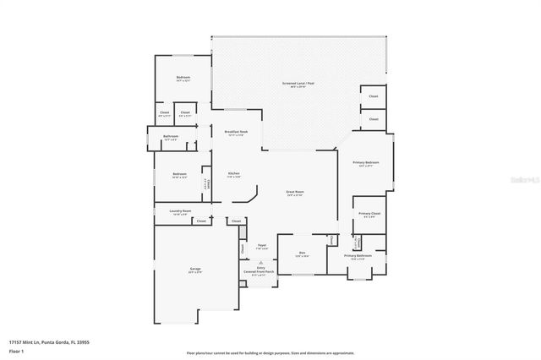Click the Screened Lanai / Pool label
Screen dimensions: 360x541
298,84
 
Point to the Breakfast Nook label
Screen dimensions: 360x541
236,133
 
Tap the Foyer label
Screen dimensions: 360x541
262,246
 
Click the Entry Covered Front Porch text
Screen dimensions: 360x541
260,271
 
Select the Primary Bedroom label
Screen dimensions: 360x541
365,163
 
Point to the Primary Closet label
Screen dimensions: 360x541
367,215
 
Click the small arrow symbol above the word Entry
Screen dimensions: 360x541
260,262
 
